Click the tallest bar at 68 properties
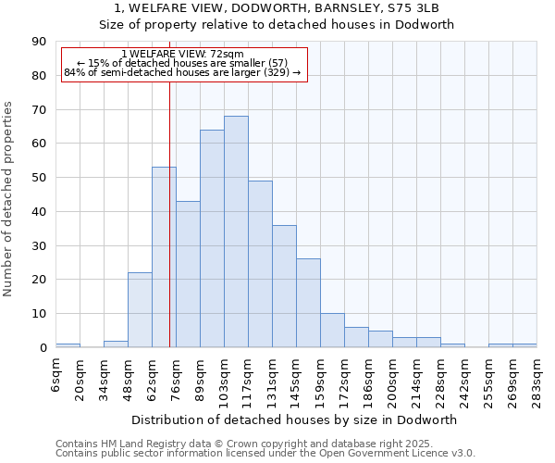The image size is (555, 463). [x=236, y=231]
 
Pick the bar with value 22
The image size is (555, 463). [x=140, y=310]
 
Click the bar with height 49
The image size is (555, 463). [x=260, y=264]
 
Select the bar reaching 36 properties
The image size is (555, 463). [x=284, y=286]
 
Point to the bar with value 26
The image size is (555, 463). [x=308, y=303]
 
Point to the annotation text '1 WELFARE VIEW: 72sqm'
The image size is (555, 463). [x=182, y=55]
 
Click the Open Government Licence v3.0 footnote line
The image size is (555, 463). [x=265, y=454]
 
